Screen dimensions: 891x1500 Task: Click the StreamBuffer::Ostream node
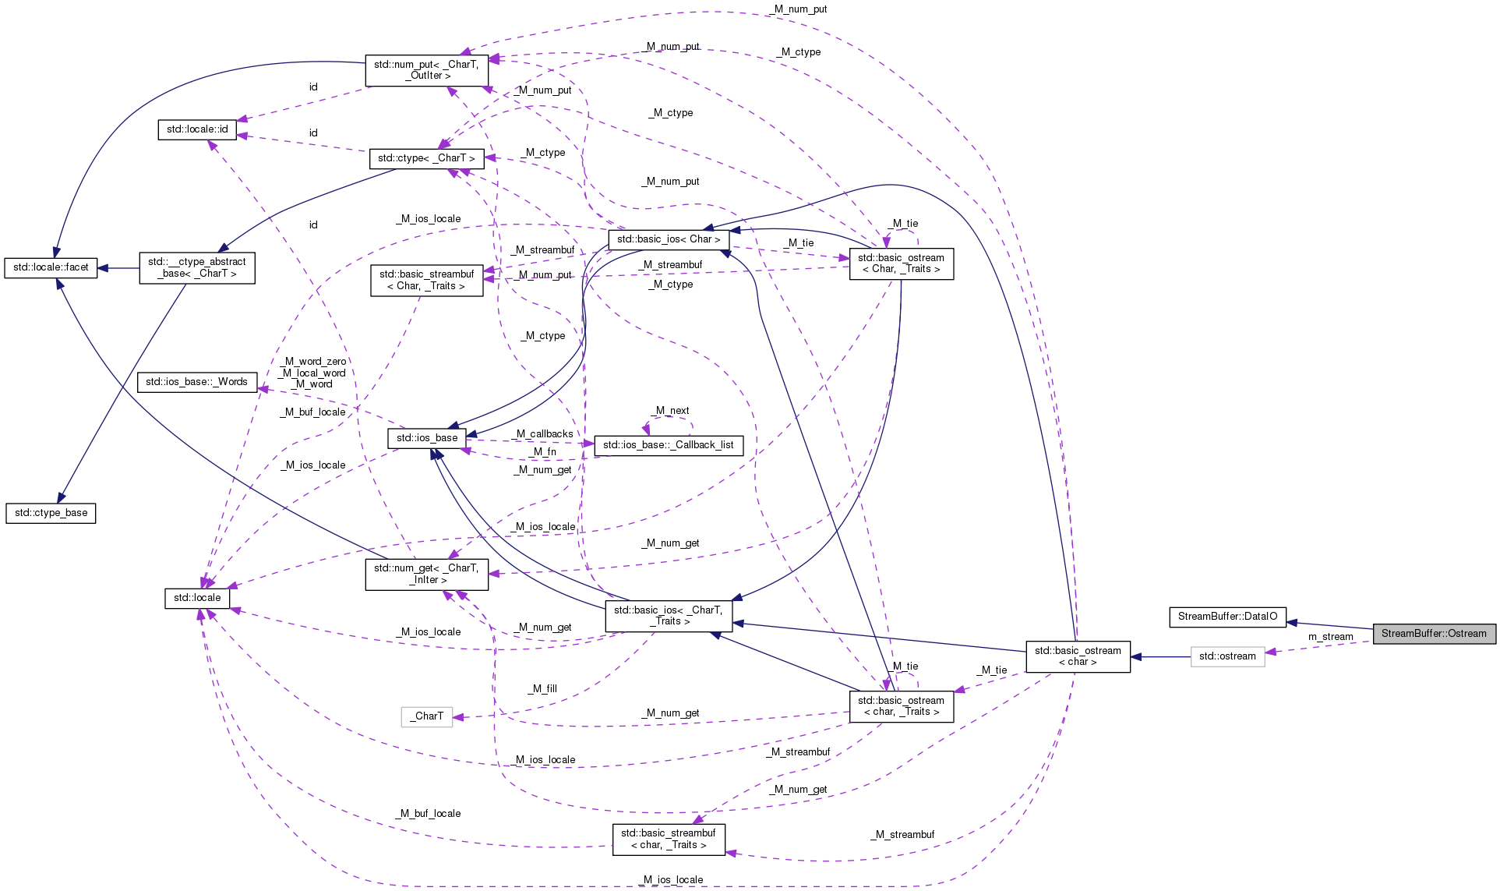[1434, 634]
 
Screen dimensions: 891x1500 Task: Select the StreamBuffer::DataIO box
[1227, 617]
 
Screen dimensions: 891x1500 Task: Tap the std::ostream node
[1227, 656]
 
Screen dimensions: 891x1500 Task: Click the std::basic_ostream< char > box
[1078, 656]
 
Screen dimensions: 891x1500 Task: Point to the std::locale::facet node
[51, 267]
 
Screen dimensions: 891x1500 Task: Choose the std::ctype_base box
[51, 513]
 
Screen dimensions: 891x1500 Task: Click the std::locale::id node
[197, 129]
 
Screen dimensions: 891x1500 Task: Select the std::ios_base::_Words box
[196, 382]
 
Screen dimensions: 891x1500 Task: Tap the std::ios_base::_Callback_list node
[669, 445]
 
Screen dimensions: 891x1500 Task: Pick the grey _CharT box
[427, 716]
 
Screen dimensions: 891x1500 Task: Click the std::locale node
[197, 598]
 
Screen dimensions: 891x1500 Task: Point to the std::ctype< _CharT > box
[426, 158]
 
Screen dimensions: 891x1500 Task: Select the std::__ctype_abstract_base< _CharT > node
[197, 267]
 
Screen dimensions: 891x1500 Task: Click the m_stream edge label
[1331, 637]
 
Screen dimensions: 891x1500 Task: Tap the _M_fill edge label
[542, 689]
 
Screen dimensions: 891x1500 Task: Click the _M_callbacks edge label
[544, 434]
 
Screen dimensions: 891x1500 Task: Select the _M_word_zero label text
[312, 362]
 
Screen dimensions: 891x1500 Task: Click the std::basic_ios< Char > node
[669, 239]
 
